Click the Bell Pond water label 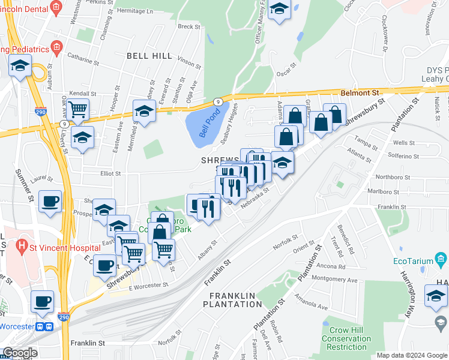pos(210,123)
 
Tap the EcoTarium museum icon pos(442,260)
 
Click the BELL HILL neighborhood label pos(149,56)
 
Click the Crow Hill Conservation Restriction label pos(347,338)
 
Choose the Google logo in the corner pos(20,353)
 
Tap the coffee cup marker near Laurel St pos(50,200)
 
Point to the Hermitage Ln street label pos(135,11)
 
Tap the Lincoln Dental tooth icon pos(56,7)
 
